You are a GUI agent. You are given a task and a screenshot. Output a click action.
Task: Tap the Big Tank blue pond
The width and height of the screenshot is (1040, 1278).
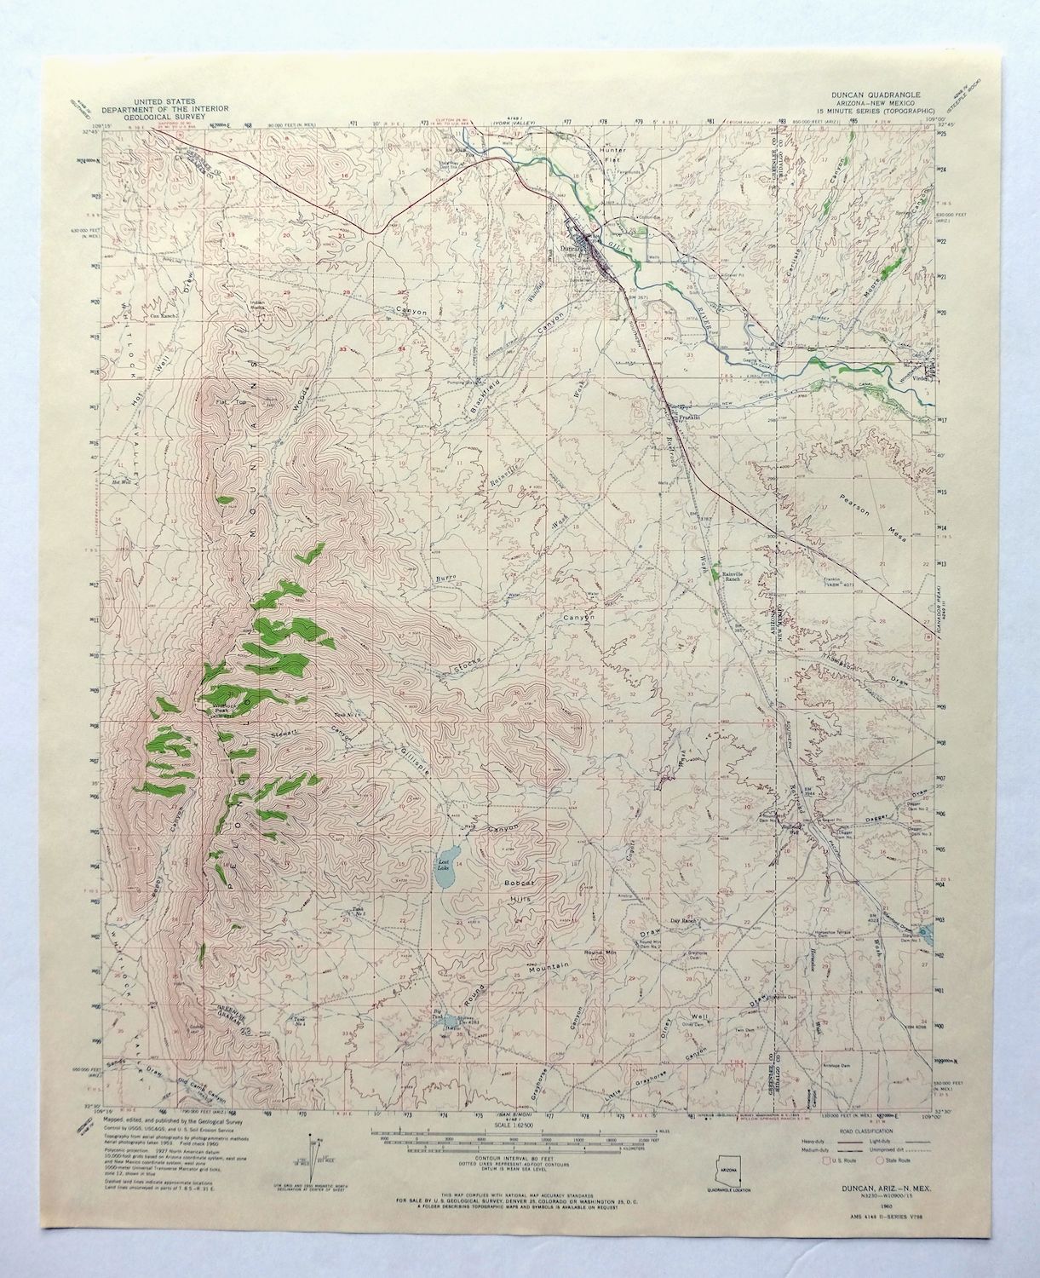click(x=448, y=1030)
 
